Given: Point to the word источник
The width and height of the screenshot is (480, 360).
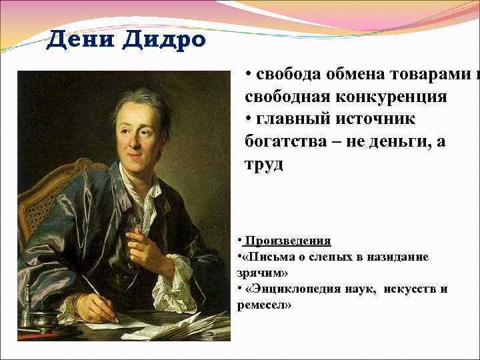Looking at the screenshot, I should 377,119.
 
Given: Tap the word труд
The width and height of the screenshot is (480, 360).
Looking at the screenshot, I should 264,164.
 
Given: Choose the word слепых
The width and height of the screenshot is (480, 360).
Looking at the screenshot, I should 334,256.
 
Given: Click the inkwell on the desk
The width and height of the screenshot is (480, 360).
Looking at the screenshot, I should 30,311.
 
